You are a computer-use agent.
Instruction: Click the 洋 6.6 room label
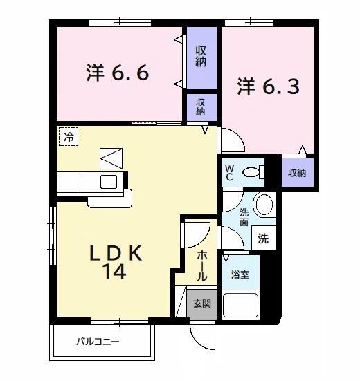tap(118, 72)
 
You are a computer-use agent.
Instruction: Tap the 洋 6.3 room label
tap(269, 87)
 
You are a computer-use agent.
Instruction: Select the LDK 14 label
tap(116, 262)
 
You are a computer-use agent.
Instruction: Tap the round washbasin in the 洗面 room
tap(262, 205)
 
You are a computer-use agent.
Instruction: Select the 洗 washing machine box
tap(263, 238)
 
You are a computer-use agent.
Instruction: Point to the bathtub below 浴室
tap(240, 304)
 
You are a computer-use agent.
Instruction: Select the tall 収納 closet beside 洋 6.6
tap(201, 57)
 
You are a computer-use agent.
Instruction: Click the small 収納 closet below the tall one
tap(201, 106)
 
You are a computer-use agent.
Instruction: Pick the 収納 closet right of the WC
tap(297, 172)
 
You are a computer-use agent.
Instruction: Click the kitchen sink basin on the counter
tap(109, 181)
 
